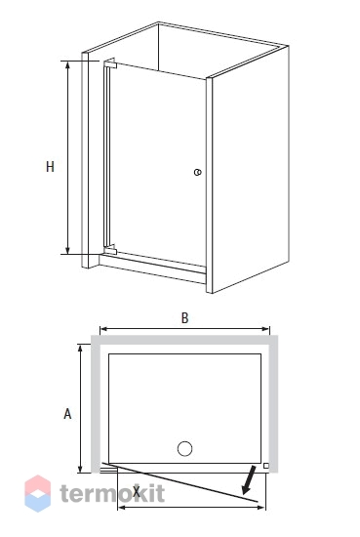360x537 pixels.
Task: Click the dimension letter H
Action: (50, 167)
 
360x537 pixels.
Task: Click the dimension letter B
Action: (184, 318)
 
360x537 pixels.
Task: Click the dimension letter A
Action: (67, 414)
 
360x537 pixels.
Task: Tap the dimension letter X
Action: (137, 492)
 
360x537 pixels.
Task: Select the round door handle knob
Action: (197, 172)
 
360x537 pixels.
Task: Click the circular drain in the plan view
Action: (184, 449)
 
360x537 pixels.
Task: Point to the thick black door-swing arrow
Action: (249, 479)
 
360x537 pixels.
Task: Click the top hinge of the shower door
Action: (111, 63)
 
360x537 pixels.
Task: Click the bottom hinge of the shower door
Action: (110, 249)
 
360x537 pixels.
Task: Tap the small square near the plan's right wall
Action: (266, 466)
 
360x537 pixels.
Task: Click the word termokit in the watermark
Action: (112, 493)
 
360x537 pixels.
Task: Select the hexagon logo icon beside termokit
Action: (38, 493)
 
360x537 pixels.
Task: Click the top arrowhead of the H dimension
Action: (67, 65)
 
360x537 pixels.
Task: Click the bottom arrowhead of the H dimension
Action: (67, 249)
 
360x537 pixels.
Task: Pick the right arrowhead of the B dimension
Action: (265, 329)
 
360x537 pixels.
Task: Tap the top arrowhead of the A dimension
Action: (80, 349)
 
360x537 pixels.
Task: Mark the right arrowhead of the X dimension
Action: (260, 507)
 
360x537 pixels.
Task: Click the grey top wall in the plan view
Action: (184, 340)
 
